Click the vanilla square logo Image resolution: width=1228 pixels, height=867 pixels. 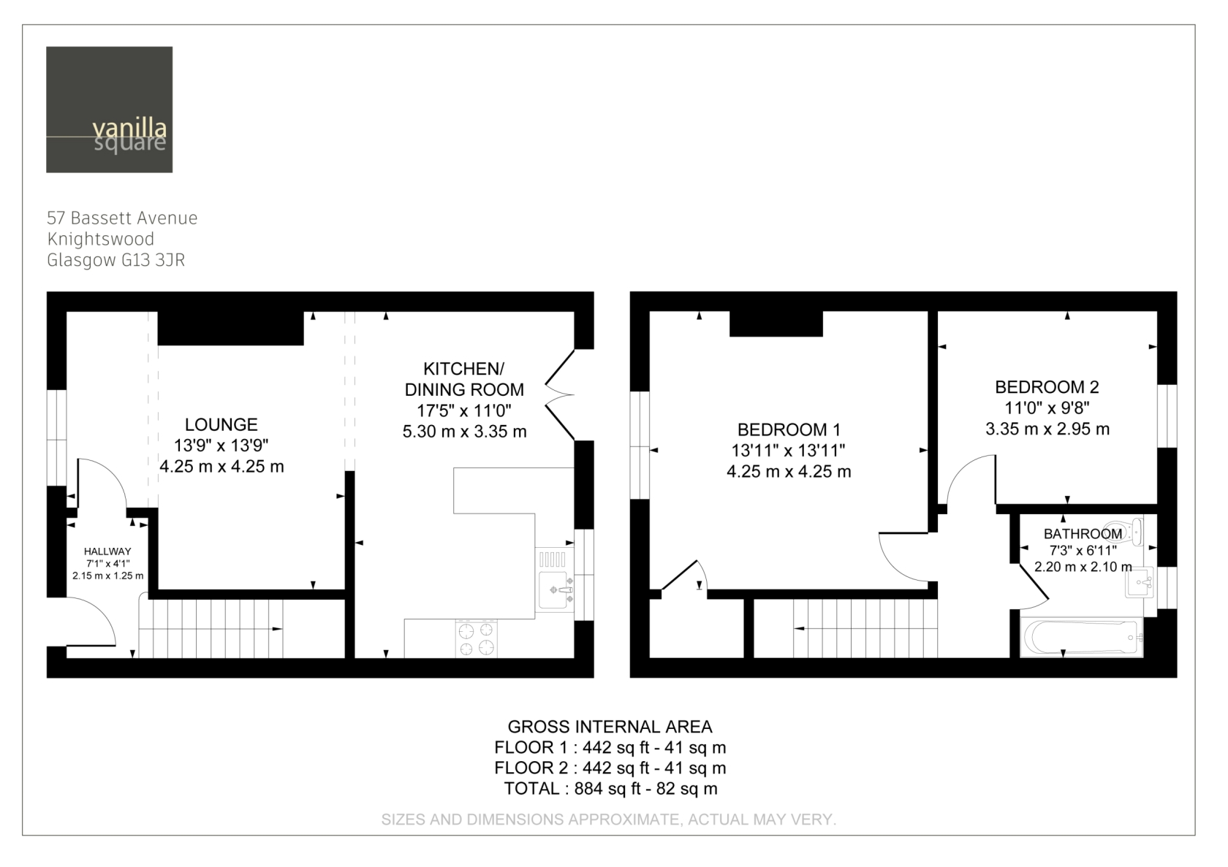coord(109,110)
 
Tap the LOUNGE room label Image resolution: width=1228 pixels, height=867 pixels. coord(221,424)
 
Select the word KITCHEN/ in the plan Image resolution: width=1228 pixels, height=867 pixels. coord(463,369)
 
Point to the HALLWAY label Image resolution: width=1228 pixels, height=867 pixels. coord(107,551)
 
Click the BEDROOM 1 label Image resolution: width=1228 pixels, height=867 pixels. coord(789,430)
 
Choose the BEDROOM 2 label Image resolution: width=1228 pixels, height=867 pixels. coord(1047,387)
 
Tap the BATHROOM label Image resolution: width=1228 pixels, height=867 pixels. coord(1083,534)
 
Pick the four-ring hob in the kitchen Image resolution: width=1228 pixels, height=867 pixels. coord(477,639)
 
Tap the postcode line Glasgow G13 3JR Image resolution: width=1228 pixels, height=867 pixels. coord(115,260)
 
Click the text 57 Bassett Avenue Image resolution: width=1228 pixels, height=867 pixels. coord(121,218)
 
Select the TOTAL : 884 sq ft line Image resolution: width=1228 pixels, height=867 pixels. coord(611,789)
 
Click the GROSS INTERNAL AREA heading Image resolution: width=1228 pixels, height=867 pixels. coord(610,727)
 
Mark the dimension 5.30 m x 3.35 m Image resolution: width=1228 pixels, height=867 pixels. coord(464,432)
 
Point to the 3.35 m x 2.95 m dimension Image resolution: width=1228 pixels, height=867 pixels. coord(1047,429)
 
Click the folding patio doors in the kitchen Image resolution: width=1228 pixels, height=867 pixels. coord(560,394)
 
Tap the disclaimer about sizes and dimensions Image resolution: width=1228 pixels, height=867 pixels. coord(608,820)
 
